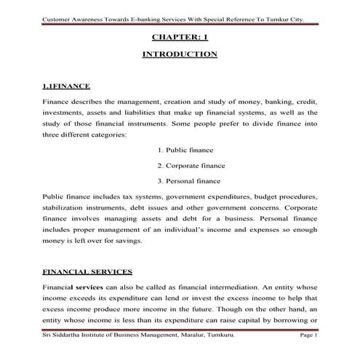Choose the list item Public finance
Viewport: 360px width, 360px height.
(x=185, y=150)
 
